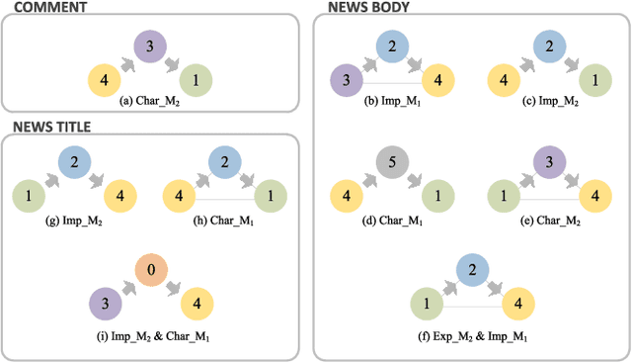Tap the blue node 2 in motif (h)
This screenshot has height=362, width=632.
[223, 160]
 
